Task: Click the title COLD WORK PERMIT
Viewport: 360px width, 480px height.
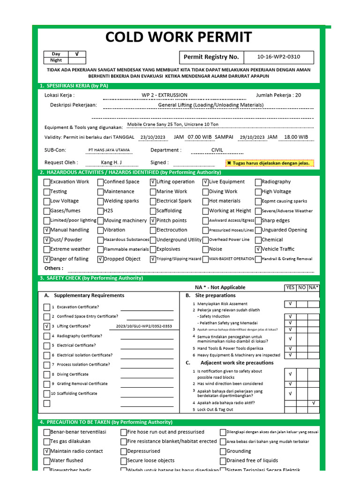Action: click(178, 37)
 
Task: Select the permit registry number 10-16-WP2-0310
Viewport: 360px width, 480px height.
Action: click(278, 57)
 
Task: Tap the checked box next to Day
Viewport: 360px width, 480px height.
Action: click(77, 54)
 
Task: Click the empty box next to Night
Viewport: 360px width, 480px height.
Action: click(77, 60)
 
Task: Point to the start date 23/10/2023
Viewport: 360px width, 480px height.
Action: click(153, 137)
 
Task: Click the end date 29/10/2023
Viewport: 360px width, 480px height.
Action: click(252, 137)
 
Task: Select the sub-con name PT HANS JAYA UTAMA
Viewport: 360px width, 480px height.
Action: click(109, 150)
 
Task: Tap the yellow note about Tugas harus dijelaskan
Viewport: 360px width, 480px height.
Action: click(269, 163)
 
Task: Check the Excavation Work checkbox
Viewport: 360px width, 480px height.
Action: click(46, 182)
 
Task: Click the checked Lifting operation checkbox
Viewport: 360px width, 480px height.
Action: click(153, 182)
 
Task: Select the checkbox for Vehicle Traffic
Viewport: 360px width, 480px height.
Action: click(258, 249)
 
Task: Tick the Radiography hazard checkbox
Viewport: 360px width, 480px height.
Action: click(258, 182)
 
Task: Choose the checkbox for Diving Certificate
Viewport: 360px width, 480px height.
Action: click(46, 375)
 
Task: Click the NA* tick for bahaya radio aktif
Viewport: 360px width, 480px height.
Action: click(314, 403)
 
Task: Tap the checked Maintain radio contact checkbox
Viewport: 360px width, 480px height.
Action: click(46, 451)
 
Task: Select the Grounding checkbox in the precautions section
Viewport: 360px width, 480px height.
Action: click(223, 451)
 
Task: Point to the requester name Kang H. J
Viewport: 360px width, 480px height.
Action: click(111, 163)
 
